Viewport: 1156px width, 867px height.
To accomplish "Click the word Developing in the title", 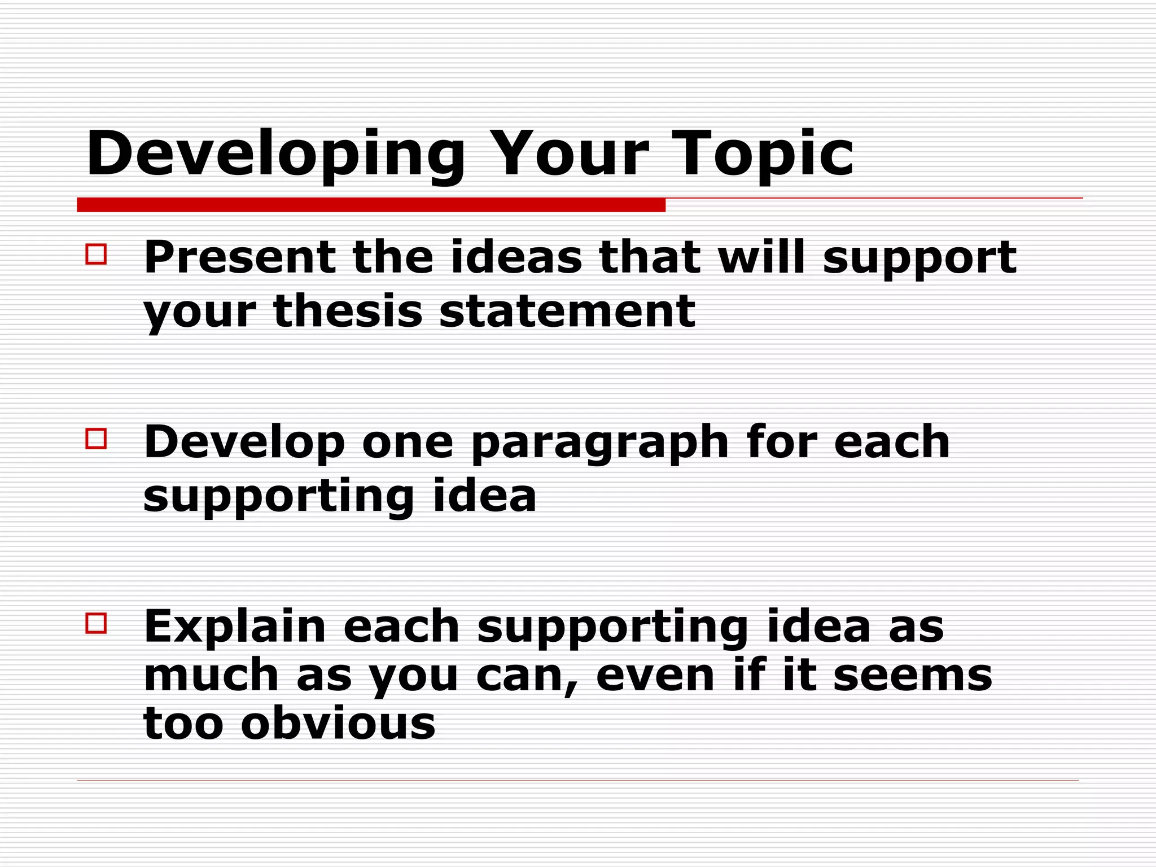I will pyautogui.click(x=275, y=154).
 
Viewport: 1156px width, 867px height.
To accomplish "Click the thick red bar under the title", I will pyautogui.click(x=371, y=205).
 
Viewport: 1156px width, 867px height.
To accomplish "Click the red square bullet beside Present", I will pyautogui.click(x=96, y=254).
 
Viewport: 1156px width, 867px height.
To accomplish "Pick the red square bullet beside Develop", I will pyautogui.click(x=96, y=439).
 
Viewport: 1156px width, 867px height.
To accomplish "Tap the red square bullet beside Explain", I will pyautogui.click(x=96, y=623).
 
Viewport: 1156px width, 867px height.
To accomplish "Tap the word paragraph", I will pyautogui.click(x=600, y=444).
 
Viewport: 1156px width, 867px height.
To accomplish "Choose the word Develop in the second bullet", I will pyautogui.click(x=244, y=444).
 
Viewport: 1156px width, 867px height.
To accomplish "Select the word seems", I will pyautogui.click(x=912, y=675).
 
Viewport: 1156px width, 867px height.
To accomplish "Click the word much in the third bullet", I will pyautogui.click(x=211, y=675).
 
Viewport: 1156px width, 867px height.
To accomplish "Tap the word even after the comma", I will pyautogui.click(x=655, y=675).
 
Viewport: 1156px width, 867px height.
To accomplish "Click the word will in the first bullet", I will pyautogui.click(x=761, y=257).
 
